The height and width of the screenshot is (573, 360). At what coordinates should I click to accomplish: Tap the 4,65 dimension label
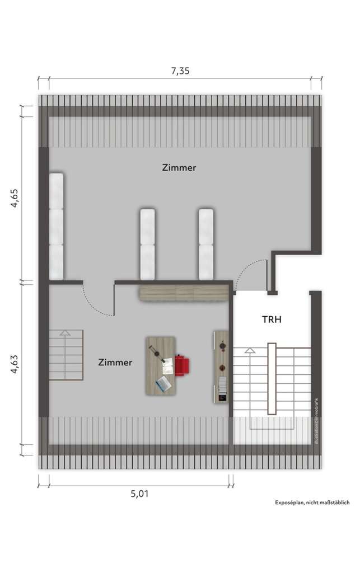pyautogui.click(x=15, y=198)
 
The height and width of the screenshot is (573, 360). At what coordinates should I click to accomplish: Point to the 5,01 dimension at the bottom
pyautogui.click(x=140, y=494)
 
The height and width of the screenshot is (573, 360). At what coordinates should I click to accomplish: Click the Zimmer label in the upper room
pyautogui.click(x=179, y=167)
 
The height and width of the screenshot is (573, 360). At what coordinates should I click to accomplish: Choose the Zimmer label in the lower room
pyautogui.click(x=115, y=363)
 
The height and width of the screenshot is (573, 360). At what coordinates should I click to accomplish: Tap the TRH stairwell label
pyautogui.click(x=272, y=320)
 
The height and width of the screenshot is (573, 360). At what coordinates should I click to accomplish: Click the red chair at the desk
pyautogui.click(x=183, y=365)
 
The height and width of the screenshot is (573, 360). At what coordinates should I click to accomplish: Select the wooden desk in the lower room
pyautogui.click(x=161, y=366)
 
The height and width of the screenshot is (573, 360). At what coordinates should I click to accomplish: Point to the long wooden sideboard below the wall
pyautogui.click(x=184, y=292)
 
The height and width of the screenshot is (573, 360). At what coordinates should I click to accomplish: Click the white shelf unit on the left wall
pyautogui.click(x=56, y=226)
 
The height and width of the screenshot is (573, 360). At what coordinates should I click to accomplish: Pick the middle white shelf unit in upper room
pyautogui.click(x=147, y=244)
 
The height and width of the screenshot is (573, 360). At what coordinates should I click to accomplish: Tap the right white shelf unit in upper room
pyautogui.click(x=206, y=244)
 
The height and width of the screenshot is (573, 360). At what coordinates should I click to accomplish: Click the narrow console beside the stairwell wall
pyautogui.click(x=221, y=367)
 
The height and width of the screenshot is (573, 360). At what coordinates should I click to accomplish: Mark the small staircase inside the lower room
pyautogui.click(x=66, y=355)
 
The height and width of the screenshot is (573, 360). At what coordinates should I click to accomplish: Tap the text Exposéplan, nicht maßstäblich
pyautogui.click(x=312, y=503)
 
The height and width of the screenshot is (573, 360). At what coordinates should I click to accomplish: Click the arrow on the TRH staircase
pyautogui.click(x=250, y=351)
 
